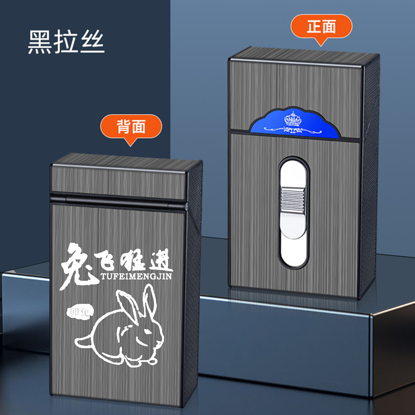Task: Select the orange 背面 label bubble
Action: (131, 126)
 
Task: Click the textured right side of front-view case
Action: (371, 187)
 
